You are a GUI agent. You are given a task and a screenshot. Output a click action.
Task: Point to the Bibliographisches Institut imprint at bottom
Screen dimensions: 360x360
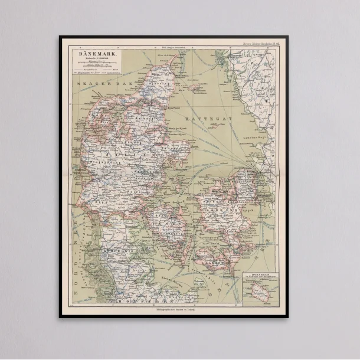pyautogui.click(x=174, y=309)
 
